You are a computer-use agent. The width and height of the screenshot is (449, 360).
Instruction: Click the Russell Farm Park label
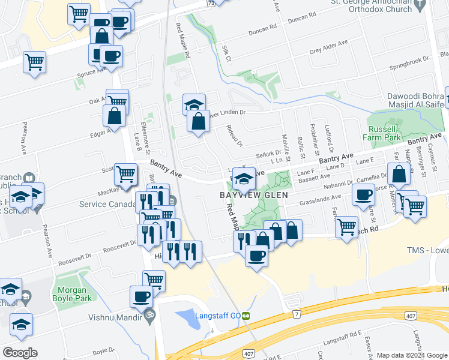383,133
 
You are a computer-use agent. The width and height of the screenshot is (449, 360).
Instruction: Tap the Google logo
20,353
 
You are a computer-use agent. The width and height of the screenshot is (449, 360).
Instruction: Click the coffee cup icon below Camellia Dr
363,195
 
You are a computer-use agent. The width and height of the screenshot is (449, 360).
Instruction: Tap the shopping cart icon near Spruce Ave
34,61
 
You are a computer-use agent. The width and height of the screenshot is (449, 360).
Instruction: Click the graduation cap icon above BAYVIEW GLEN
244,178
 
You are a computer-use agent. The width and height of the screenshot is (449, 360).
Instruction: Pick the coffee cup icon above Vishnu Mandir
142,296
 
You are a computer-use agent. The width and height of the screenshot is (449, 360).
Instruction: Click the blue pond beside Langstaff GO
189,318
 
